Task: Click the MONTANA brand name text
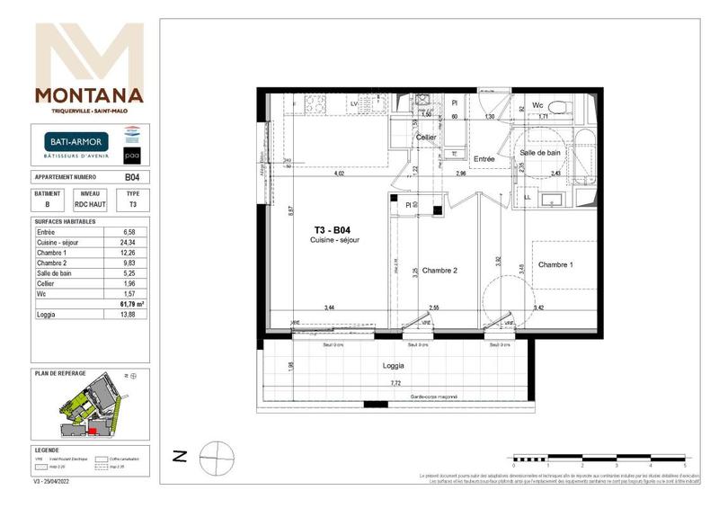pyautogui.click(x=88, y=95)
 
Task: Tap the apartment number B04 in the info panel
pyautogui.click(x=131, y=178)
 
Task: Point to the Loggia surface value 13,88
pyautogui.click(x=129, y=316)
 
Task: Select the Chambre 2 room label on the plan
pyautogui.click(x=440, y=271)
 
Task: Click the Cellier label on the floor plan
pyautogui.click(x=425, y=137)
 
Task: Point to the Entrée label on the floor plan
pyautogui.click(x=485, y=159)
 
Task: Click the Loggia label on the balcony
pyautogui.click(x=394, y=366)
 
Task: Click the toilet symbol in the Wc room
pyautogui.click(x=558, y=110)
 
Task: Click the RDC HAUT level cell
pyautogui.click(x=90, y=205)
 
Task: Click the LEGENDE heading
pyautogui.click(x=48, y=450)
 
